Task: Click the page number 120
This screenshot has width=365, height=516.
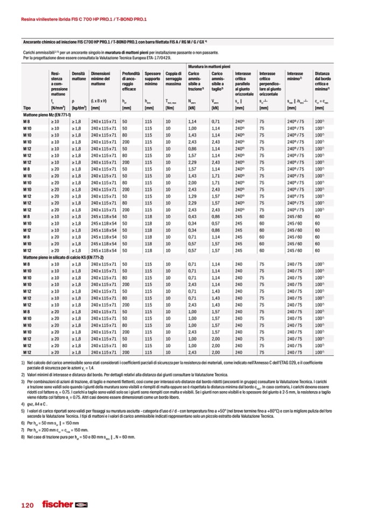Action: point(27,505)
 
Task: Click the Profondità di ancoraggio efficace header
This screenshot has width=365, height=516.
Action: point(131,81)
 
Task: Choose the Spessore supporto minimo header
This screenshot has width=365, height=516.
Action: point(153,78)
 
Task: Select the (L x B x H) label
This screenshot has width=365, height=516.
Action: point(99,101)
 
